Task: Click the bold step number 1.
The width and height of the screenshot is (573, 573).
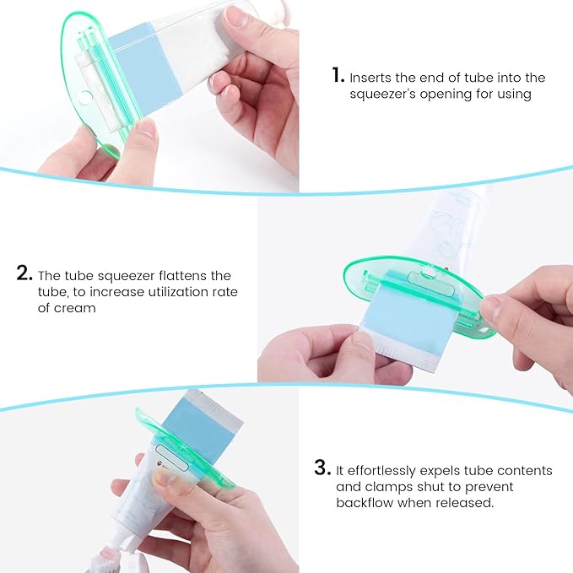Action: [337, 76]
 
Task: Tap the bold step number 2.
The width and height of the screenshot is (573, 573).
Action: [25, 274]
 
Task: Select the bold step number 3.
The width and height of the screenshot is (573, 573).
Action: [322, 468]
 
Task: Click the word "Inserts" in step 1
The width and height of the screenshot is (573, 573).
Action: [372, 78]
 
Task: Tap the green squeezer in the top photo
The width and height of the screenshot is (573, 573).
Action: [84, 93]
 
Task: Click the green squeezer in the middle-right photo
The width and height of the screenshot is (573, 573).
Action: [405, 287]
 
